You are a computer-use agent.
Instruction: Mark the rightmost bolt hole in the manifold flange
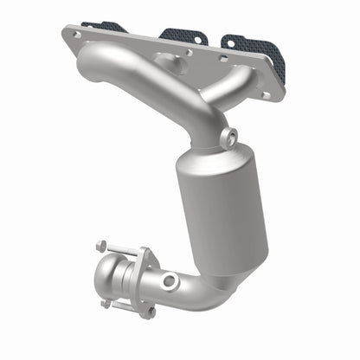tap(266, 94)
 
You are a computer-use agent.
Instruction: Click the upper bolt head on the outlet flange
tap(101, 246)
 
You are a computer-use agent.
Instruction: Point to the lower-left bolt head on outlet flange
tap(106, 304)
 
